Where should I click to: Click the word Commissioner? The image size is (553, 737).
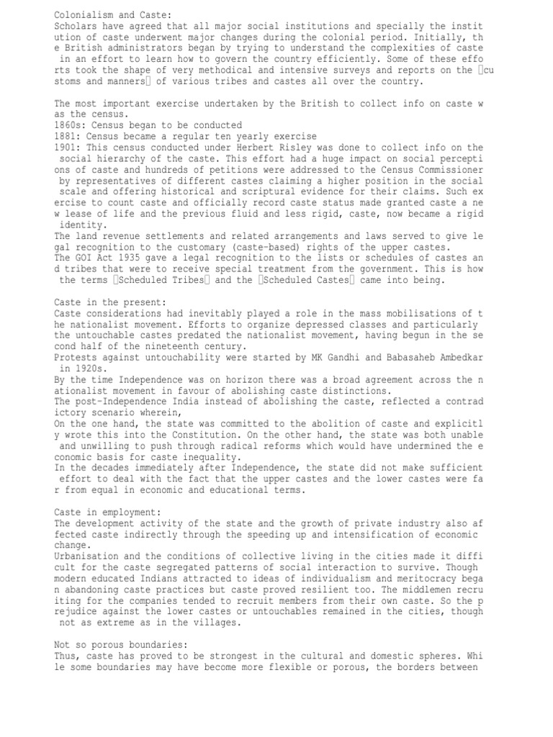pyautogui.click(x=449, y=169)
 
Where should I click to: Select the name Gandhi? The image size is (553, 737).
pyautogui.click(x=338, y=358)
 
